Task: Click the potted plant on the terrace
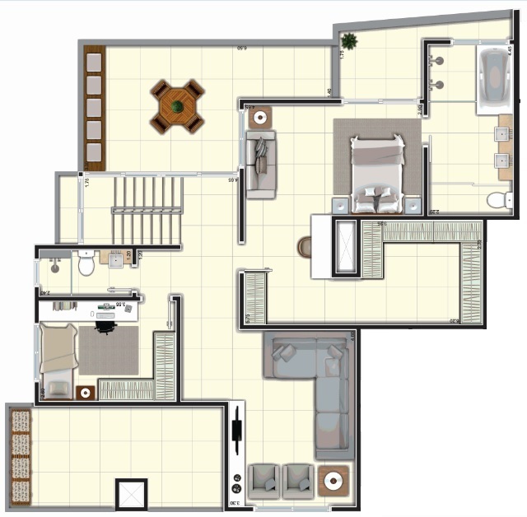pos(350,40)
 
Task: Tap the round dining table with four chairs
pos(177,106)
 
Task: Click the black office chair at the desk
pos(105,326)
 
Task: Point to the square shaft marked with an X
pos(131,494)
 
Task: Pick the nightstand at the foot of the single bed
pos(85,393)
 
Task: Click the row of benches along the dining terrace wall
pos(94,107)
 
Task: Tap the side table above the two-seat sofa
pos(262,116)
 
